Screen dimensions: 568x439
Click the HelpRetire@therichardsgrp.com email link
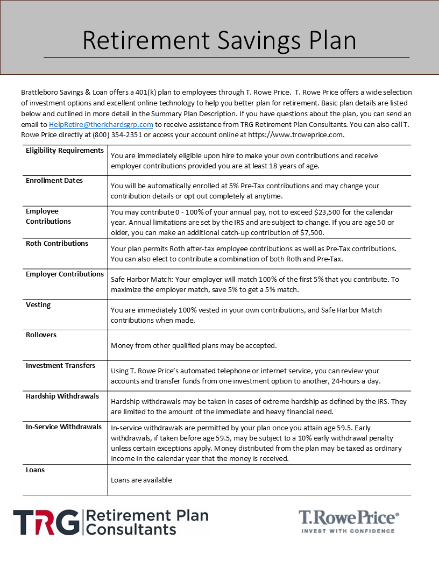(101, 124)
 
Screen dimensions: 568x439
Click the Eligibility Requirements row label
(65, 151)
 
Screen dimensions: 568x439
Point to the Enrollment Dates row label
(54, 181)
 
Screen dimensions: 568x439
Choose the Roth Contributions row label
(57, 244)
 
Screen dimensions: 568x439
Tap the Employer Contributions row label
(65, 274)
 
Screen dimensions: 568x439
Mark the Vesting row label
(38, 305)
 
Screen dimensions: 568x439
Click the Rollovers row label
(41, 335)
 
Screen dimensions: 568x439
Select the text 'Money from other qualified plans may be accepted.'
(194, 345)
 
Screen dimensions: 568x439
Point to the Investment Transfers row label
(60, 366)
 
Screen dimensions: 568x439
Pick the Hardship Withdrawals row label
(62, 396)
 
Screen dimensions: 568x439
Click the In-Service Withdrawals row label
(63, 427)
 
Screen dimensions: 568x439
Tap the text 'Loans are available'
(141, 480)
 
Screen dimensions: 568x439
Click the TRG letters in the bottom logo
(46, 523)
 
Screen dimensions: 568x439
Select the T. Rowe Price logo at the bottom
(349, 520)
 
